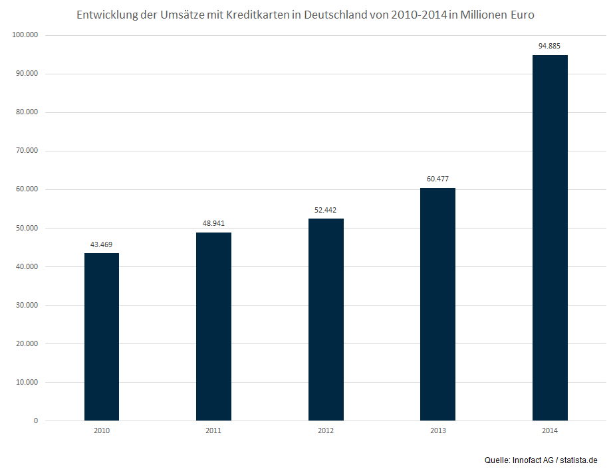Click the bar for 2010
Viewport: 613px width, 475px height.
click(x=102, y=337)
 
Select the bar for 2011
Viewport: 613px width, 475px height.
click(x=213, y=326)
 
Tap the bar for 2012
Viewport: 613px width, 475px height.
click(x=326, y=320)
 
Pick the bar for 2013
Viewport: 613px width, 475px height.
click(x=437, y=304)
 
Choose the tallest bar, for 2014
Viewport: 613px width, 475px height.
click(x=550, y=238)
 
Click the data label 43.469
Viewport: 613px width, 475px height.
click(x=102, y=244)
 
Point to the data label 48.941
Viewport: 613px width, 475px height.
click(x=213, y=223)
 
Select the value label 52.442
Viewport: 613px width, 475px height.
click(x=326, y=210)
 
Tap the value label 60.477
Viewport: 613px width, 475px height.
click(x=437, y=179)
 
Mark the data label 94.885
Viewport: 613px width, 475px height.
click(x=550, y=46)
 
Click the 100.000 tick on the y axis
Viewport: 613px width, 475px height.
click(x=25, y=35)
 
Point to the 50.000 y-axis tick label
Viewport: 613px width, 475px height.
click(x=27, y=228)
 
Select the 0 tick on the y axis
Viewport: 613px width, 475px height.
click(x=36, y=421)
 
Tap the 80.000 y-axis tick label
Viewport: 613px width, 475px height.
click(x=27, y=112)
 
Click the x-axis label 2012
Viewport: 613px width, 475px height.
click(x=326, y=431)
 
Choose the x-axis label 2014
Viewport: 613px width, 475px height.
click(x=550, y=431)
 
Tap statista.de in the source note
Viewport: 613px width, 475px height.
click(x=579, y=460)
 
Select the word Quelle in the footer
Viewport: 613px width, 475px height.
click(x=497, y=460)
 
